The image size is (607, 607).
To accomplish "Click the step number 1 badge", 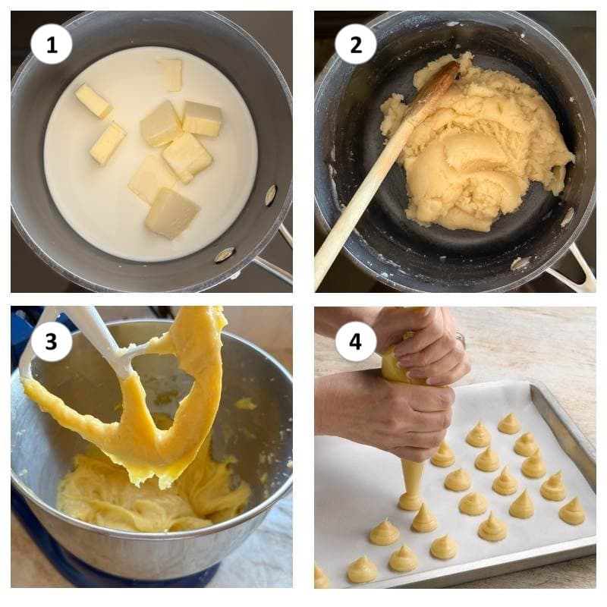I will (51, 45).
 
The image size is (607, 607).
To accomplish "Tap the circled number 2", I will (355, 45).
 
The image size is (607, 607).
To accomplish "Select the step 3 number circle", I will (51, 341).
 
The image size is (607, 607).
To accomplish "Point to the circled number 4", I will (355, 341).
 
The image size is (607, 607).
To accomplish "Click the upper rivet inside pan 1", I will (271, 195).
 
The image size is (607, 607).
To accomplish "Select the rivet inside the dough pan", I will (567, 217).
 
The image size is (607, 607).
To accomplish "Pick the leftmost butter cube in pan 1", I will (93, 101).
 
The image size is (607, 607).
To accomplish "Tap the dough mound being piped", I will (410, 501).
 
